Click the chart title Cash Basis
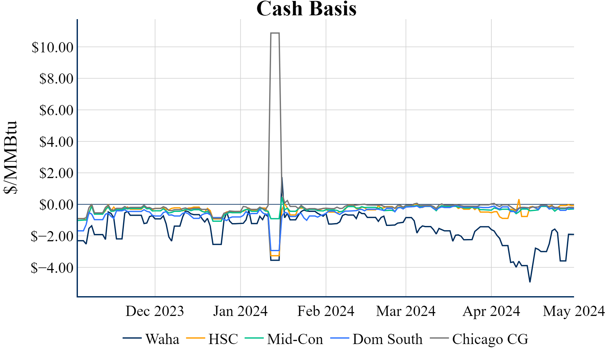point(306,9)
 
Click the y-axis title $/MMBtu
point(10,157)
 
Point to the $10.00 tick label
point(52,47)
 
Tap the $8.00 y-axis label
point(56,79)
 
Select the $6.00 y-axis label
point(56,110)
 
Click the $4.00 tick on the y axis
point(56,141)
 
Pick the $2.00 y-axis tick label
point(56,173)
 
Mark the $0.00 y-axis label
point(56,205)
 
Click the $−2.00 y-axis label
point(52,236)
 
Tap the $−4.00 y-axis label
point(52,268)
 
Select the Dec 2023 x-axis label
point(155,311)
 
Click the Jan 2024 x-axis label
point(240,311)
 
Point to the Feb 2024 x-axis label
point(326,311)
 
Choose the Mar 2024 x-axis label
point(406,311)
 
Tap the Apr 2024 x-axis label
point(491,311)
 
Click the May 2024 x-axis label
point(574,311)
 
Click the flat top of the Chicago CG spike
point(275,33)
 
